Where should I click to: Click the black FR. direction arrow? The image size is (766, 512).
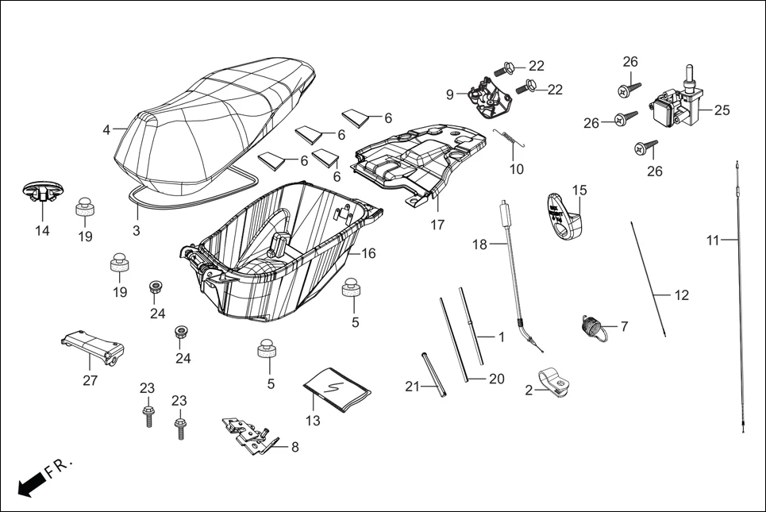tap(30, 483)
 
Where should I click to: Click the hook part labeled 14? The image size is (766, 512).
tap(42, 191)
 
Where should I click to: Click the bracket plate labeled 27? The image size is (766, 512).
tap(94, 345)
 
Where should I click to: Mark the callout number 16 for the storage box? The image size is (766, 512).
tap(368, 253)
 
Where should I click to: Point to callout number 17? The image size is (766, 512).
tap(437, 225)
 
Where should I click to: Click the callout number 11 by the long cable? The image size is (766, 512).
tap(712, 240)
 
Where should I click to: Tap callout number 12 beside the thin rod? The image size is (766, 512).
tap(681, 295)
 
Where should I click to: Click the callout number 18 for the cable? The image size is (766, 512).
tap(479, 244)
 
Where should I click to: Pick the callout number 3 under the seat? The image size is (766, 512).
tap(136, 230)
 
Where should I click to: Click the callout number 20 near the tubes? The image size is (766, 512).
tap(496, 379)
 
